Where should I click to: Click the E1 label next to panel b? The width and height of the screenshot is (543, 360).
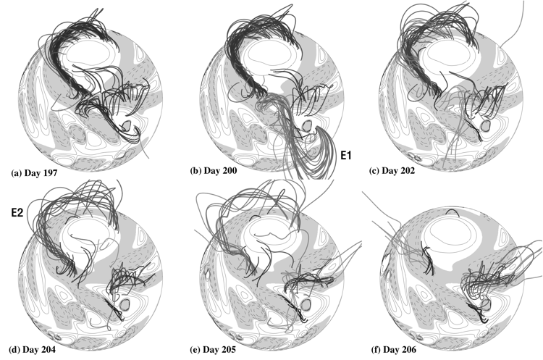pyautogui.click(x=346, y=156)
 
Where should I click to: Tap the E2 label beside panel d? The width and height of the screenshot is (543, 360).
pyautogui.click(x=17, y=212)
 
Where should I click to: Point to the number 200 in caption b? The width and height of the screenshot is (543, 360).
pyautogui.click(x=229, y=170)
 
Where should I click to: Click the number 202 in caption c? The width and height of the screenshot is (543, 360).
pyautogui.click(x=406, y=171)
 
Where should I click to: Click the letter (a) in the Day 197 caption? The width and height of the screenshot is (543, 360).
pyautogui.click(x=16, y=173)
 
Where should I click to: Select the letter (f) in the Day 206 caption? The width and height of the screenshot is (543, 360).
pyautogui.click(x=376, y=350)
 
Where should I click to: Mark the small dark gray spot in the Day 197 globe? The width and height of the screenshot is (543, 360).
pyautogui.click(x=127, y=125)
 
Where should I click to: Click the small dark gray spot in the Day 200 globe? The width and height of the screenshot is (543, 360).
pyautogui.click(x=306, y=125)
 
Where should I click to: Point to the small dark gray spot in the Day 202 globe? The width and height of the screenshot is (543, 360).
pyautogui.click(x=487, y=125)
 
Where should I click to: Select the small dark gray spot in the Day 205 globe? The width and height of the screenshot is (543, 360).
pyautogui.click(x=305, y=304)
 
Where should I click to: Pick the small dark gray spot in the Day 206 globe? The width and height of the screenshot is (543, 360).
pyautogui.click(x=486, y=304)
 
